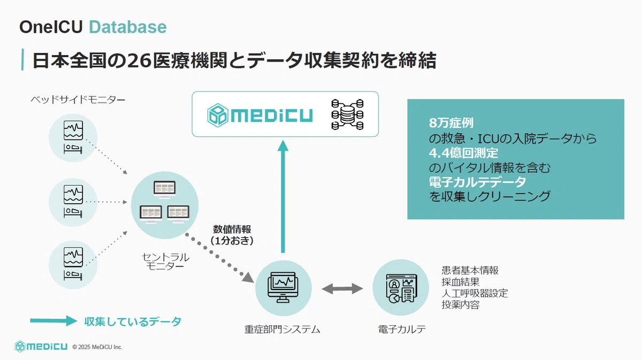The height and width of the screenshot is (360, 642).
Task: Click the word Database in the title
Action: point(127,27)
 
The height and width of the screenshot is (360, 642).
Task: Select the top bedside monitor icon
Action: point(73,137)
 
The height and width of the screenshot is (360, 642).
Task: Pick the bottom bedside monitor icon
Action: point(73,262)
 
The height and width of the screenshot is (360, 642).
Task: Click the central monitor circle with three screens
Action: point(165,203)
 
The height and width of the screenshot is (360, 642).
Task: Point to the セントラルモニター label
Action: point(165,262)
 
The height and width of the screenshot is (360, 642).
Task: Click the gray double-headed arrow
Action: point(342,289)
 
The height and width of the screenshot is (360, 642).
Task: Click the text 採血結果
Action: point(460,282)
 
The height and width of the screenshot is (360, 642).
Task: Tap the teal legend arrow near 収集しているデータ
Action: point(54,321)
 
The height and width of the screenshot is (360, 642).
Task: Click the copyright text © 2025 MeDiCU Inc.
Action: point(97,347)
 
